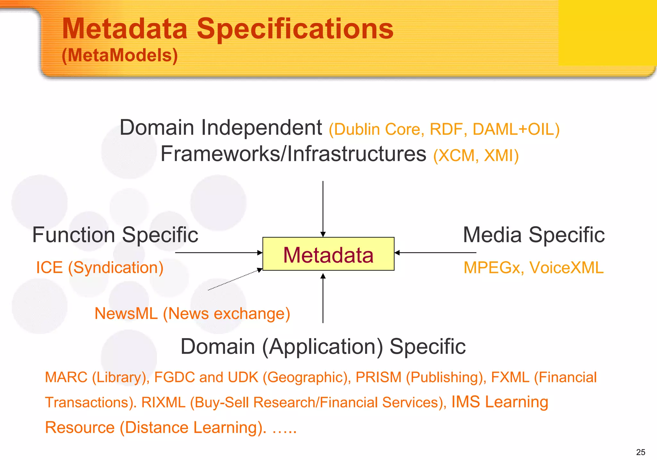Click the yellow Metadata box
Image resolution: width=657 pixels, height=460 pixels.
pyautogui.click(x=328, y=254)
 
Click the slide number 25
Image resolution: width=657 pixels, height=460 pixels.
pyautogui.click(x=640, y=452)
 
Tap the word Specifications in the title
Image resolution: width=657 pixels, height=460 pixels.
pyautogui.click(x=295, y=29)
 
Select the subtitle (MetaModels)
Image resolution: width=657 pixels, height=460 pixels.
pyautogui.click(x=120, y=55)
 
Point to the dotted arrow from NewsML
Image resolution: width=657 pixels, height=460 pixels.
pyautogui.click(x=235, y=280)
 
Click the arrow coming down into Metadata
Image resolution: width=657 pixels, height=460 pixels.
pyautogui.click(x=323, y=209)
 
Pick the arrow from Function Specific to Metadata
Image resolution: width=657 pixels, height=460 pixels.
pyautogui.click(x=219, y=253)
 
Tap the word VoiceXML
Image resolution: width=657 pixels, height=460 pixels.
pyautogui.click(x=566, y=268)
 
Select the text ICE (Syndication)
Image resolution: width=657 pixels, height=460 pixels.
pyautogui.click(x=100, y=268)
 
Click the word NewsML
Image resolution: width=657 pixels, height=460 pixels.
pyautogui.click(x=126, y=313)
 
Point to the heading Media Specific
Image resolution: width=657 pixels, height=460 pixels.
pyautogui.click(x=534, y=235)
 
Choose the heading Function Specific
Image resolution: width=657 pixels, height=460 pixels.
pyautogui.click(x=115, y=235)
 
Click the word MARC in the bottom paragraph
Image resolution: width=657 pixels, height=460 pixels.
pyautogui.click(x=66, y=377)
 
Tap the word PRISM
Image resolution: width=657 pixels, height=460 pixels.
pyautogui.click(x=379, y=377)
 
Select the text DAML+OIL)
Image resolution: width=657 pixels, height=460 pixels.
pyautogui.click(x=516, y=129)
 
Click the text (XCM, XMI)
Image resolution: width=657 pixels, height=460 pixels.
pyautogui.click(x=476, y=156)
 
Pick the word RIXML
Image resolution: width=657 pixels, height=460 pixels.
pyautogui.click(x=163, y=402)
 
